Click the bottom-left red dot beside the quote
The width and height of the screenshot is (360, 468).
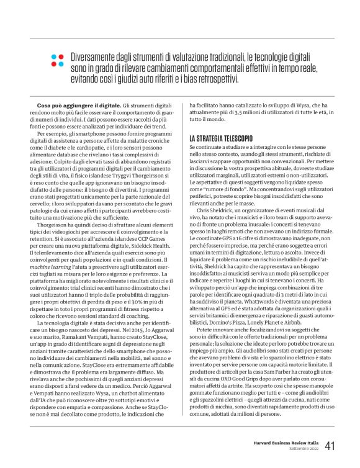point(53,64)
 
